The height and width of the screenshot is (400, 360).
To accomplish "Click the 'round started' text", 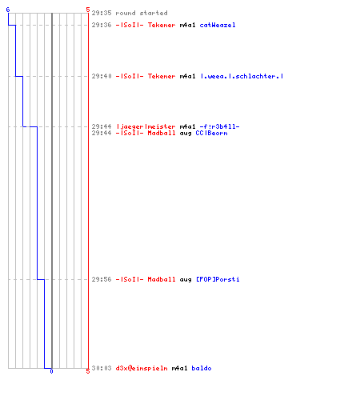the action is (142, 13).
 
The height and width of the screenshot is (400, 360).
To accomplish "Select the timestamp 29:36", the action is (102, 25).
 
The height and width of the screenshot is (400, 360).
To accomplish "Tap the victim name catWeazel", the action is (218, 25).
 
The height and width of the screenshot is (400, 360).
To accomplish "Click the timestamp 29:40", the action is (102, 76).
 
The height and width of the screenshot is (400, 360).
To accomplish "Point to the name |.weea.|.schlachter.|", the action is (242, 76).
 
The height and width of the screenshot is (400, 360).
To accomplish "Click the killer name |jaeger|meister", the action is (146, 126).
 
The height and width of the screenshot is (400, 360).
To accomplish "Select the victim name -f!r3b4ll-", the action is (219, 126).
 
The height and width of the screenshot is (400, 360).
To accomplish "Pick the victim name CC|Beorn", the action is (212, 133).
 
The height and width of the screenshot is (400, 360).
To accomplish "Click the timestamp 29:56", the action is (102, 279).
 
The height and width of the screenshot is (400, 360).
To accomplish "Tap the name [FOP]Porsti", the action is (218, 279).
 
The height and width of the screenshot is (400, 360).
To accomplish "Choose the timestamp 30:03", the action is (102, 368).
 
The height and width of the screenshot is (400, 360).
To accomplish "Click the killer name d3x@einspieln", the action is (142, 368).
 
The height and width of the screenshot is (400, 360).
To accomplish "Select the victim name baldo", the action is (202, 368).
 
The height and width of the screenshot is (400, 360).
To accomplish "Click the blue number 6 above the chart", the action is (8, 10).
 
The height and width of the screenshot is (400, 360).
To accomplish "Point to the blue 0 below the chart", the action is (51, 371).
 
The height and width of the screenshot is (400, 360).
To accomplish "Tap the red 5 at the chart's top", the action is (88, 10).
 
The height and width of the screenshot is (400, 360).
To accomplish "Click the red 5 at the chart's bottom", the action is (88, 371).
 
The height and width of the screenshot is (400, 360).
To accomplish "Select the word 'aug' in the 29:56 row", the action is (186, 280).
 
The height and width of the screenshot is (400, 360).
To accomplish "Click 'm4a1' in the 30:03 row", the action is (179, 368).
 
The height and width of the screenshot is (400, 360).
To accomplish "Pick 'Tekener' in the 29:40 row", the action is (162, 76).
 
